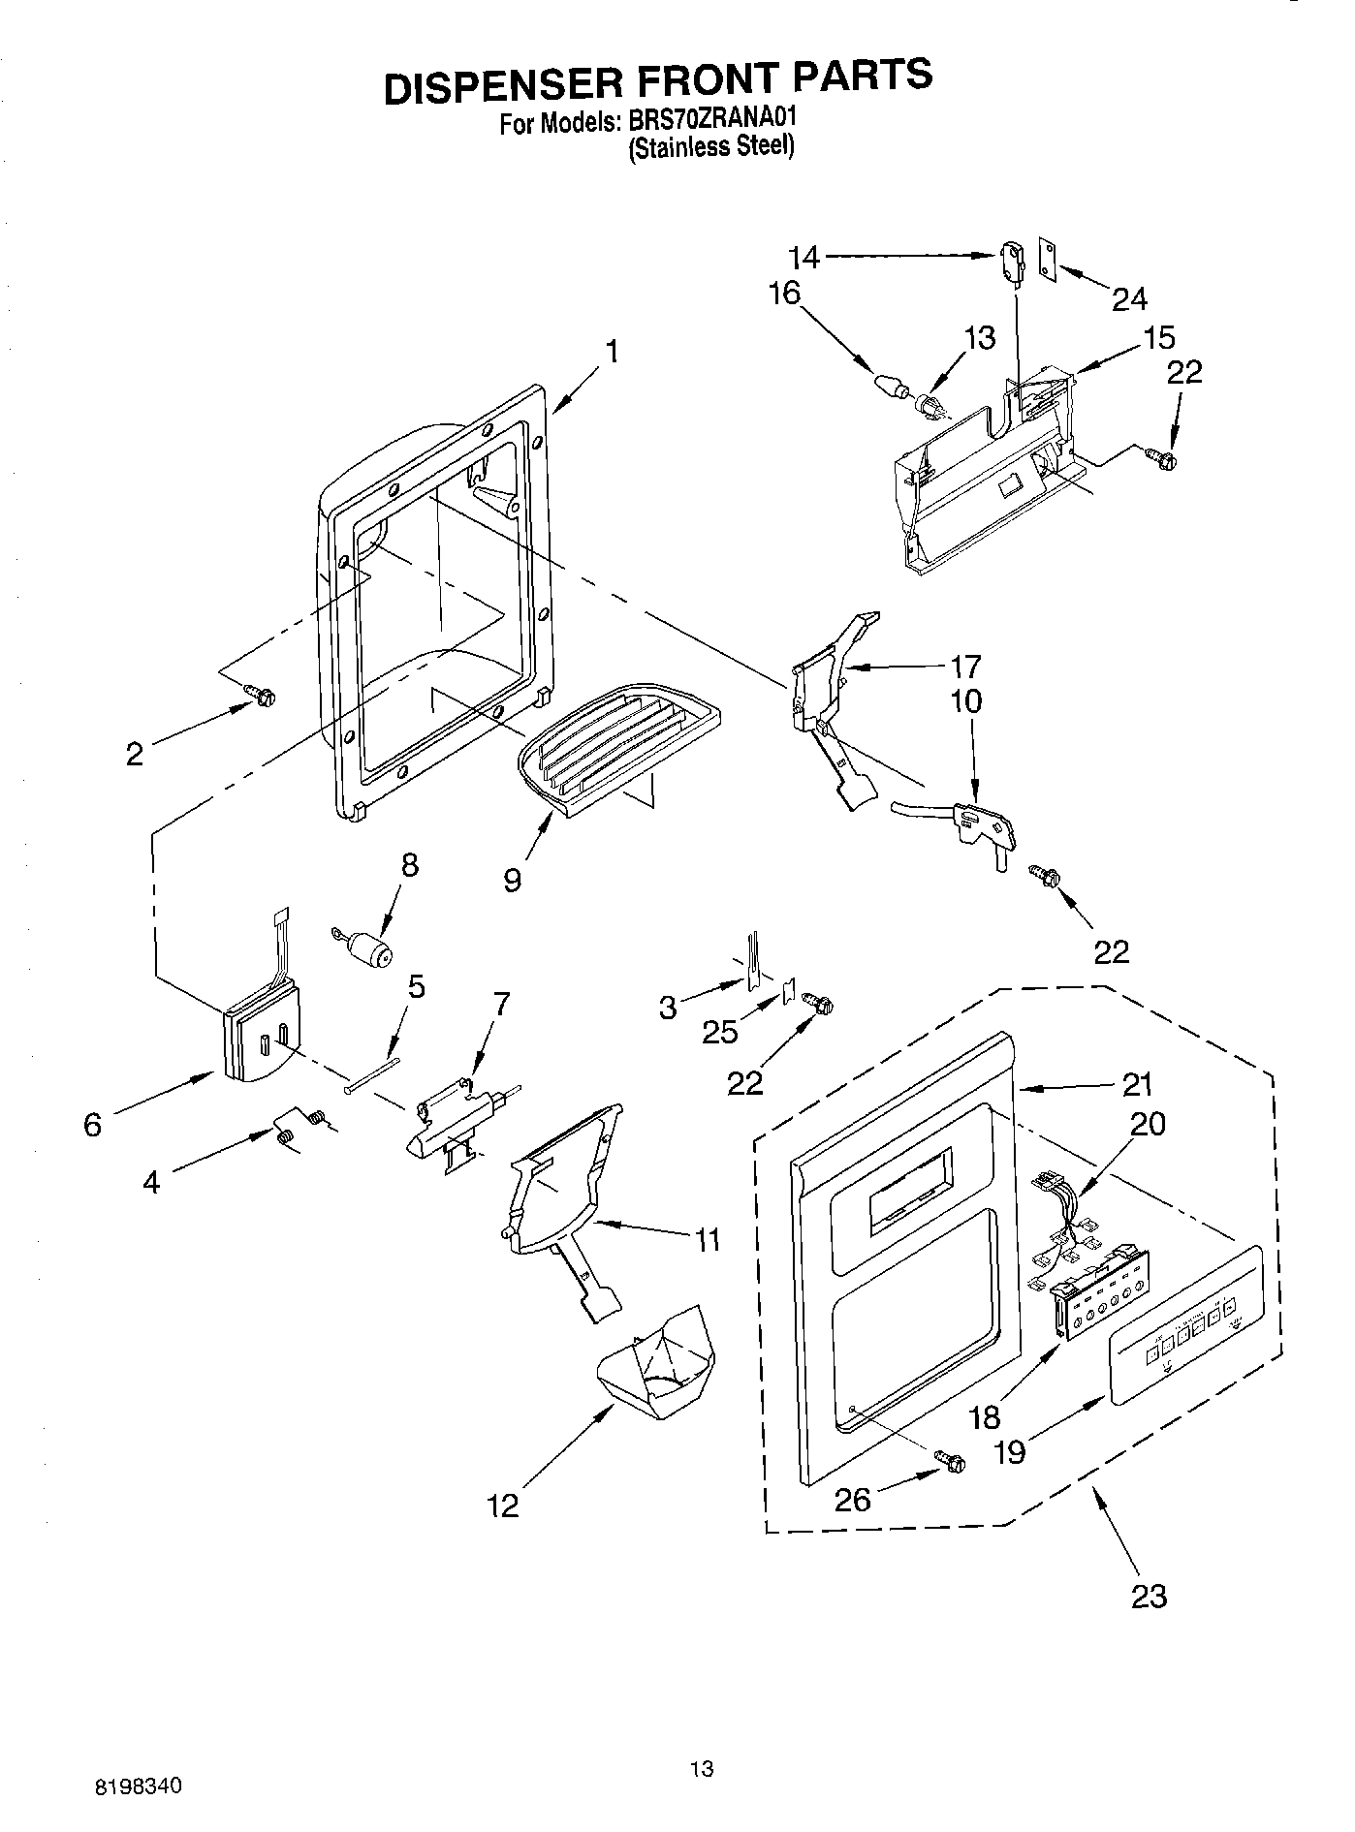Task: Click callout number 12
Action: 503,1505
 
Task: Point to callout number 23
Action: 1149,1595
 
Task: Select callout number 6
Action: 92,1125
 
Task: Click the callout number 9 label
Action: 512,880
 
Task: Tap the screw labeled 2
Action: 261,694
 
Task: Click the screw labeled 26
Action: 949,1459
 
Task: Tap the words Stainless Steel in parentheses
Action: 711,147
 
